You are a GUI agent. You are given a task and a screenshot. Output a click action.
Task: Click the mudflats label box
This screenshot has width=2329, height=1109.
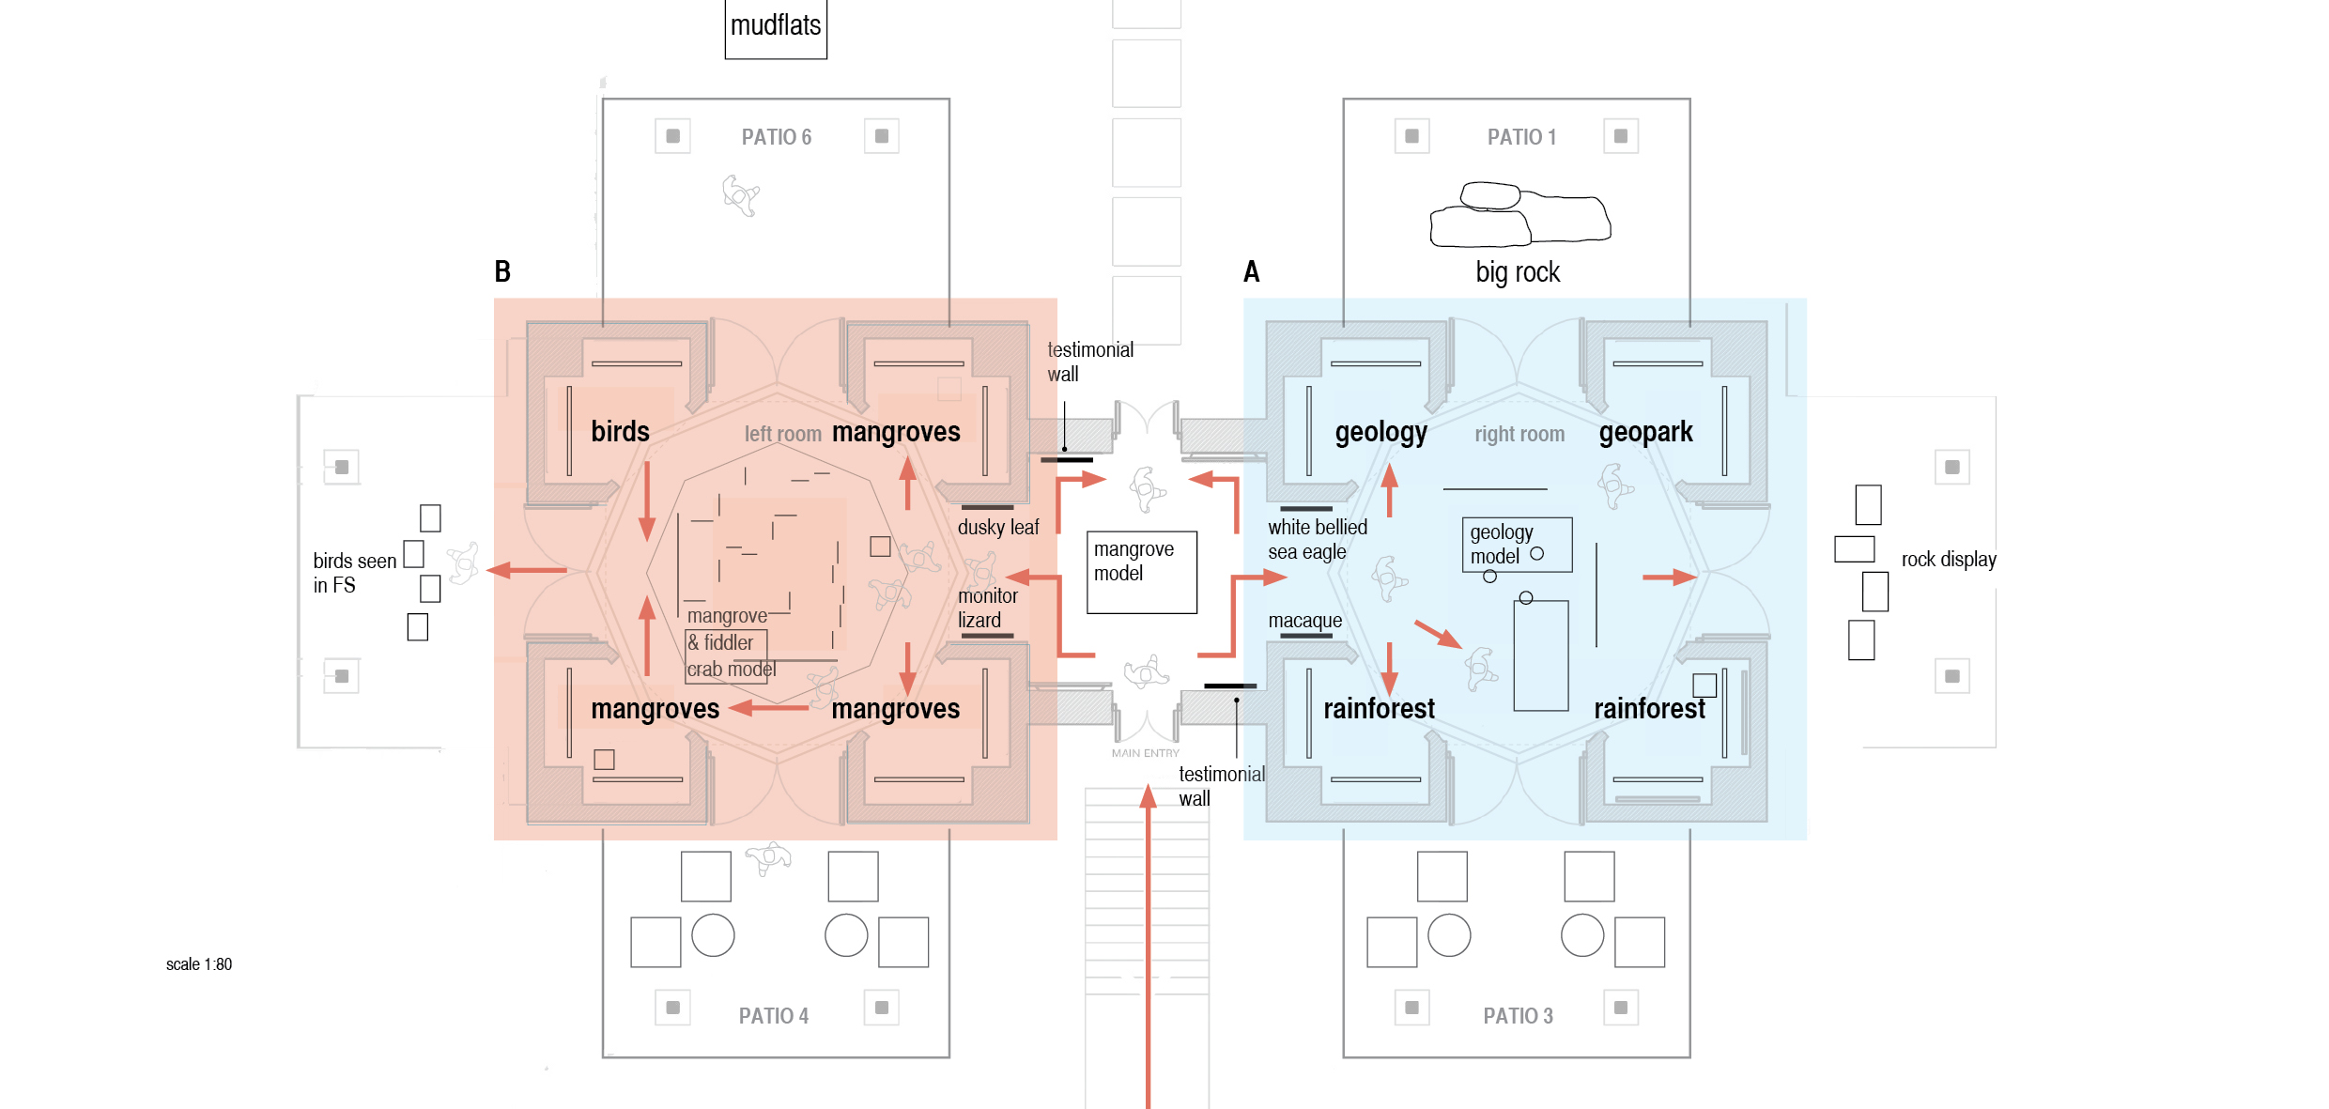pos(776,28)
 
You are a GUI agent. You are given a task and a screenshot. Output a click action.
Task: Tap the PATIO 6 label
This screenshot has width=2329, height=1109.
pos(777,137)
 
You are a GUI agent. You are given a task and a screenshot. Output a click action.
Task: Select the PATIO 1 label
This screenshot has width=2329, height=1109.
pos(1521,137)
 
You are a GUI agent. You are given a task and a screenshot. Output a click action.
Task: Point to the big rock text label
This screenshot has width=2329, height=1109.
pos(1518,272)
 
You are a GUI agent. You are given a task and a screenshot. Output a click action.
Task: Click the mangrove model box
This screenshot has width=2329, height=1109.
pos(1142,573)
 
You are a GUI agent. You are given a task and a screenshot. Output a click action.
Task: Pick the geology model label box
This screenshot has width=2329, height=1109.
pos(1517,545)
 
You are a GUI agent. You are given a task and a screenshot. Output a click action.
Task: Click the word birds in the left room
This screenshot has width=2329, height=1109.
pos(620,431)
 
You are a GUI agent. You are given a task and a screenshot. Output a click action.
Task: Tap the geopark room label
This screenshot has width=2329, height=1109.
pos(1645,432)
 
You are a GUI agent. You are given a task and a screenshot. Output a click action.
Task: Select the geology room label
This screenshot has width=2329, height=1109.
pos(1380,432)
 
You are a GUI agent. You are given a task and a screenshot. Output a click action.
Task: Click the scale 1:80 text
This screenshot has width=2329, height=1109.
pos(199,964)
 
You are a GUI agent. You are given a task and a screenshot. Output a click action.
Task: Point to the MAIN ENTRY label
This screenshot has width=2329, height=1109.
pos(1146,753)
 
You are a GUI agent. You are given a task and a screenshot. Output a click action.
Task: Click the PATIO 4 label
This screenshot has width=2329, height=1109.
pos(774,1016)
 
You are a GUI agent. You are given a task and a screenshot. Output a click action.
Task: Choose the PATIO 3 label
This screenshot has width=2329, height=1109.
pos(1519,1016)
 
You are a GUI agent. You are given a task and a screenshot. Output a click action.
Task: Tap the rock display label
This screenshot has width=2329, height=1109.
pos(1949,560)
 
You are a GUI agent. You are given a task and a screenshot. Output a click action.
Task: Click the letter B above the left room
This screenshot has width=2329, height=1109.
pos(502,271)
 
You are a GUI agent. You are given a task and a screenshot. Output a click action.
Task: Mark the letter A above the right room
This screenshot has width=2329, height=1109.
pos(1251,271)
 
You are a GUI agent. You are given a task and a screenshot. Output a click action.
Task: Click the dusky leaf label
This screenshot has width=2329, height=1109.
pos(998,528)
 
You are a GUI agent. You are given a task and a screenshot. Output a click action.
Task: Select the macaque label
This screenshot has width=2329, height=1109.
pos(1305,621)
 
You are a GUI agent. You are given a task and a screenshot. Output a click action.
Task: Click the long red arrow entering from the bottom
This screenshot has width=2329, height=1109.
pos(1148,947)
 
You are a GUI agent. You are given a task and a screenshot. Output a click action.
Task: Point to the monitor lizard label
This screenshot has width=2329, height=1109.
pos(987,608)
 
